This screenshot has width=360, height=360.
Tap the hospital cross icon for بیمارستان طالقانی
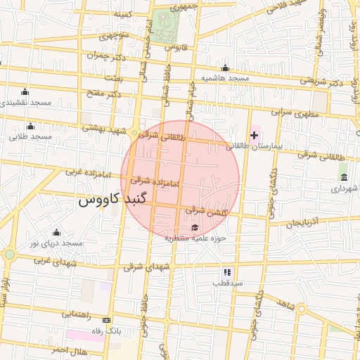coord(254,134)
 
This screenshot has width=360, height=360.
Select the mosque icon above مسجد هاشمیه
coord(225,68)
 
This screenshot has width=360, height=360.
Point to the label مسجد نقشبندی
coord(26,103)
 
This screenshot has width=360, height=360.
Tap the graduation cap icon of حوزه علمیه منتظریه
coord(195,226)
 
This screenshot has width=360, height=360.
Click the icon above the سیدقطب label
coord(227,271)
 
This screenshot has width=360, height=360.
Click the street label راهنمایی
coord(79,314)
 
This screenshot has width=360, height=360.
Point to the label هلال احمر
coord(69,349)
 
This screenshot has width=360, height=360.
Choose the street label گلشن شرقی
coord(205,210)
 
